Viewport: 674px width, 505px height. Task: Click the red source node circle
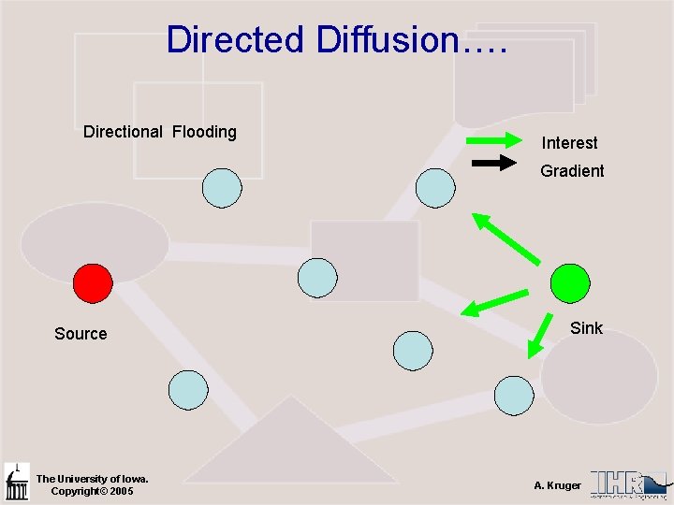pos(93,282)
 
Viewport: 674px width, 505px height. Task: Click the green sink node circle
pos(570,282)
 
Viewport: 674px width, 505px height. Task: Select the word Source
pos(81,334)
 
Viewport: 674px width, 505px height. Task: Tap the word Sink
pos(586,328)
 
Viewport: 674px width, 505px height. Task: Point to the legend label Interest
pos(569,143)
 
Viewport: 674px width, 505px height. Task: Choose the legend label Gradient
pos(572,171)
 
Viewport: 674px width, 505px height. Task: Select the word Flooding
pos(204,132)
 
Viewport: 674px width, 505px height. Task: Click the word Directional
pos(123,132)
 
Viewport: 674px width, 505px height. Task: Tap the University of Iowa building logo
pos(17,483)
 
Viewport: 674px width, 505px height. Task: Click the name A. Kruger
pos(557,485)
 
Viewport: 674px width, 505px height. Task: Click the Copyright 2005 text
pos(92,491)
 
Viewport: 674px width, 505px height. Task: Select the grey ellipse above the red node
pos(95,241)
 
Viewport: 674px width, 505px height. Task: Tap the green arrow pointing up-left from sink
pos(505,238)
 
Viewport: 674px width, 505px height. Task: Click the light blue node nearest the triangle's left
pos(188,390)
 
